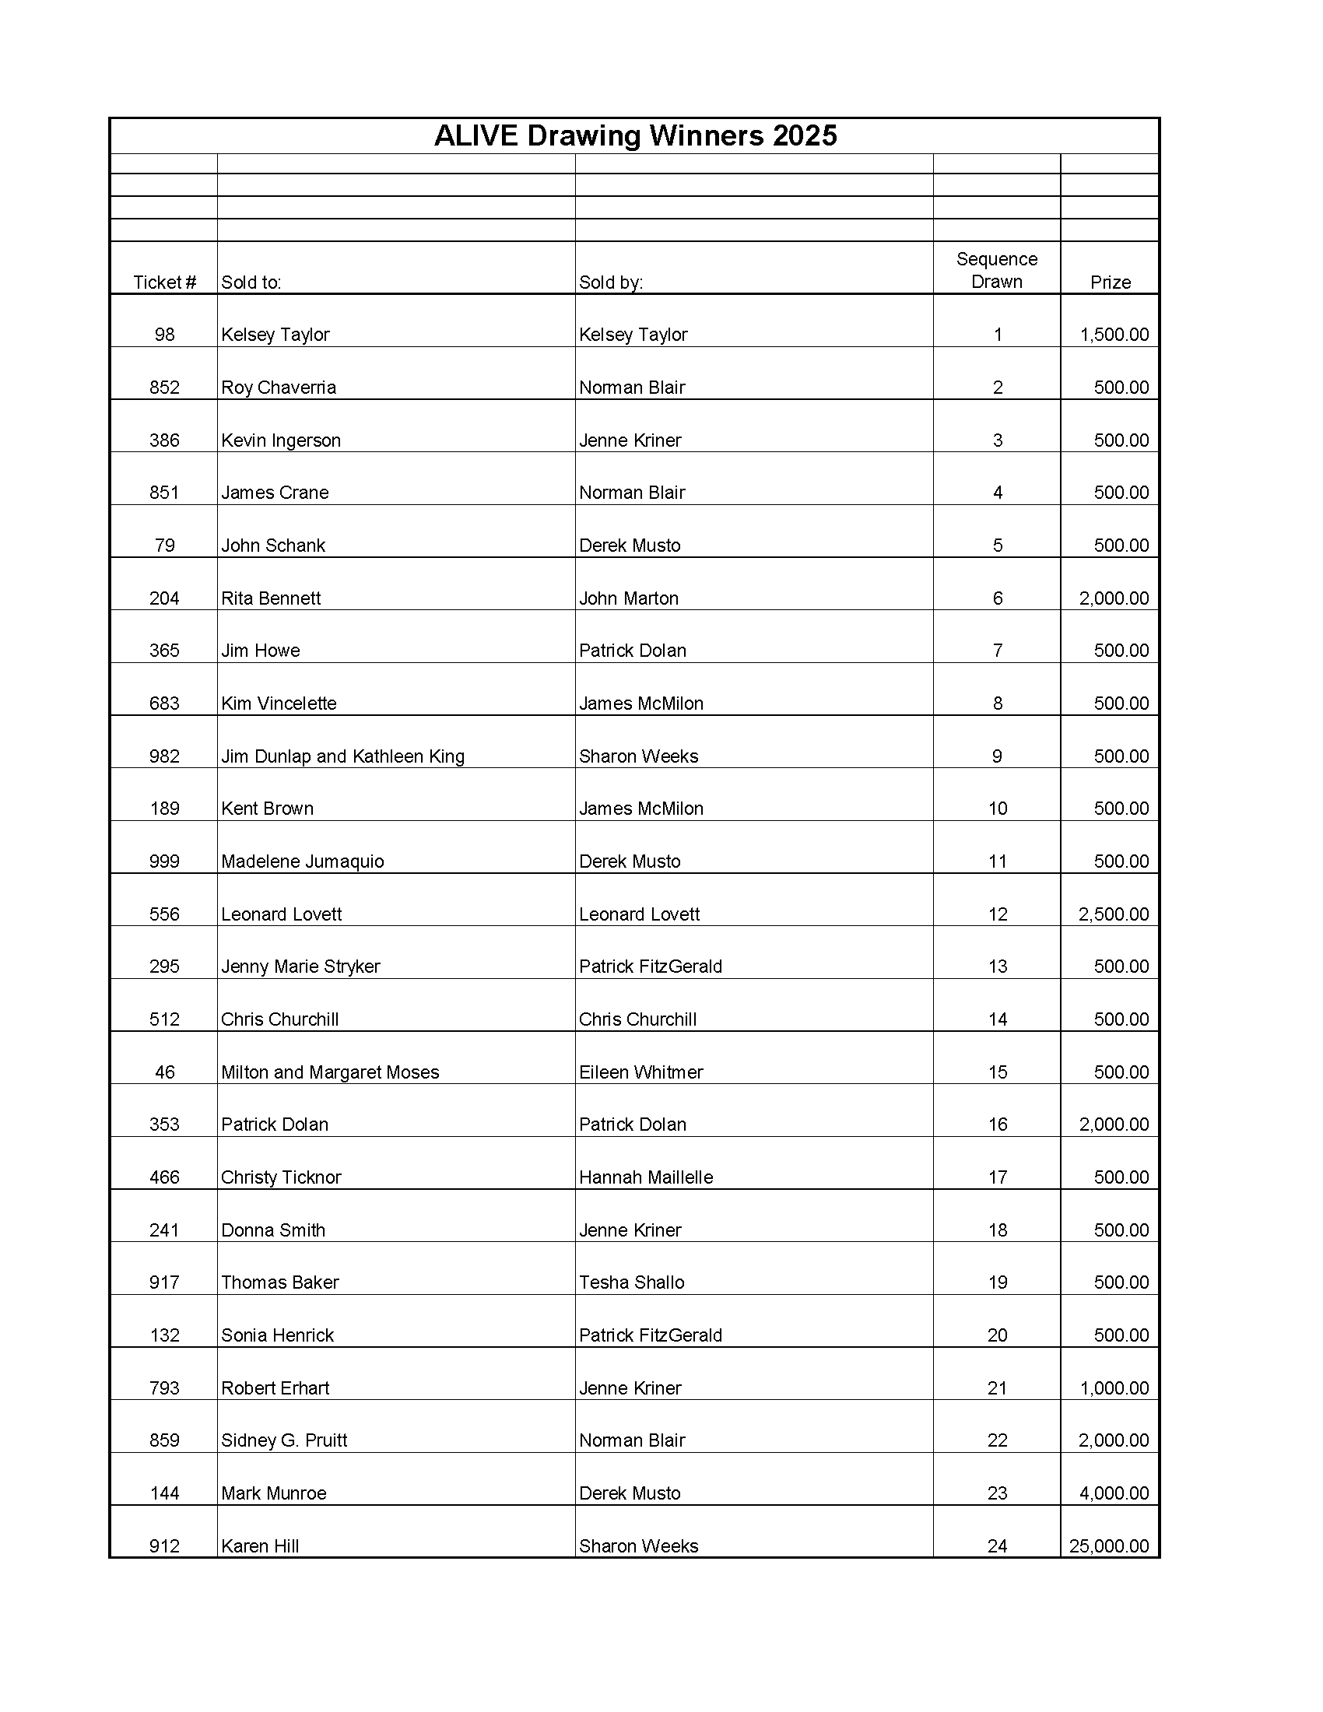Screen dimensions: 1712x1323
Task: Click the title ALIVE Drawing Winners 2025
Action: click(x=635, y=136)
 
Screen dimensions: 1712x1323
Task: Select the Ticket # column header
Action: click(x=164, y=282)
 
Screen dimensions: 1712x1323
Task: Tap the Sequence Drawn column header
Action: click(x=996, y=271)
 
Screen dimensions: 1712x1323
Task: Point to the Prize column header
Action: click(x=1110, y=282)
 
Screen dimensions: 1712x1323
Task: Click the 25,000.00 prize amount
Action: click(x=1108, y=1545)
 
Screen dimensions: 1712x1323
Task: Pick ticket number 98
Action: click(x=164, y=335)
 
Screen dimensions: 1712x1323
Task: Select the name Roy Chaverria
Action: click(x=279, y=388)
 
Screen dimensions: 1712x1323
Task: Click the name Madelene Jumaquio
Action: click(x=303, y=861)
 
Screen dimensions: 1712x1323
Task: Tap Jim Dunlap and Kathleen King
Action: click(x=342, y=756)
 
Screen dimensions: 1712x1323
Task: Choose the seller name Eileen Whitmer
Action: click(x=641, y=1072)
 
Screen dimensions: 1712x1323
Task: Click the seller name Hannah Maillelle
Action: click(x=646, y=1177)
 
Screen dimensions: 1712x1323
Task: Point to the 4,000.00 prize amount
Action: click(x=1114, y=1493)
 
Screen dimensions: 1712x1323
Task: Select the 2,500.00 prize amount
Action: click(x=1114, y=914)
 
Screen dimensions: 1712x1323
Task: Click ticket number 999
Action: click(x=164, y=861)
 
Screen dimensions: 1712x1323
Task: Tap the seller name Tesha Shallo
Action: click(x=632, y=1282)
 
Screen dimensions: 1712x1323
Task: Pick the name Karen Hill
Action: click(x=260, y=1545)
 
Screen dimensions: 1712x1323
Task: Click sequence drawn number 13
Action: click(x=997, y=967)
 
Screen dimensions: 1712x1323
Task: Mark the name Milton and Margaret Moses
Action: click(x=330, y=1072)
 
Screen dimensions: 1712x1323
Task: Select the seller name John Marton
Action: click(x=629, y=598)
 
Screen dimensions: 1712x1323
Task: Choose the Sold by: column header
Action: click(x=611, y=282)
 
